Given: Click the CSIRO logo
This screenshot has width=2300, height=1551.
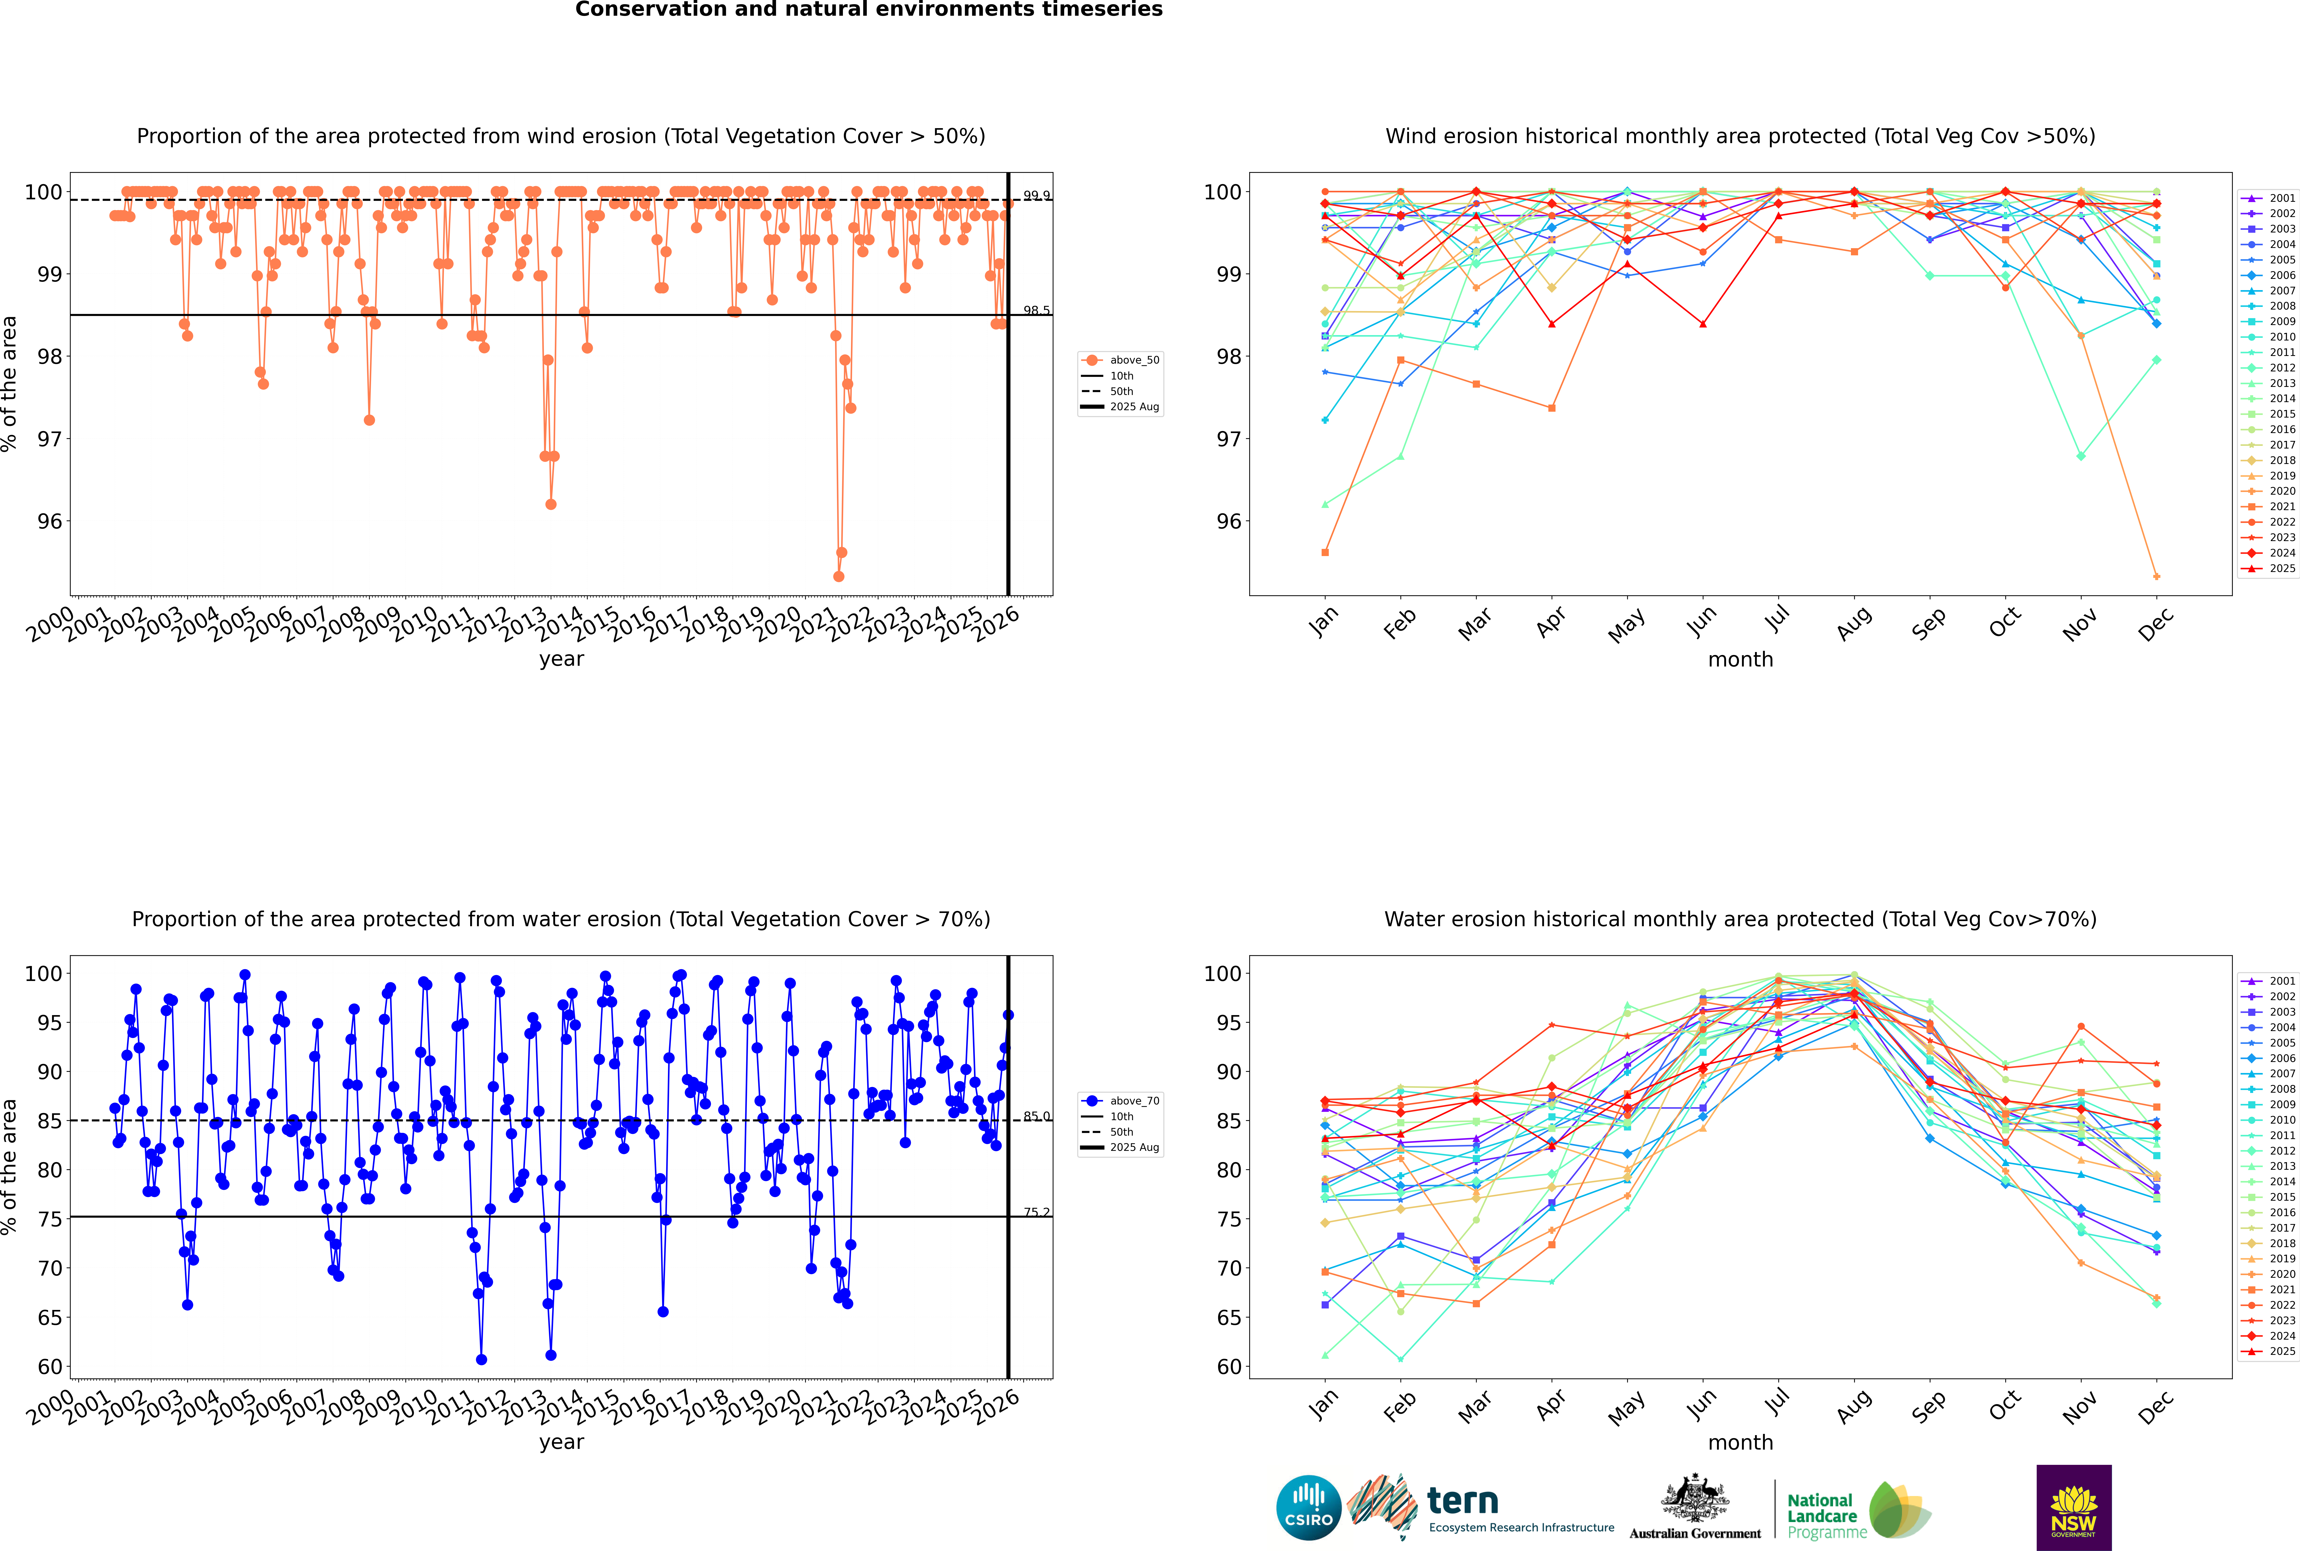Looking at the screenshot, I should [x=1308, y=1508].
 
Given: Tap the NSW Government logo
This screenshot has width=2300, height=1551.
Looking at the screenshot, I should [x=2074, y=1507].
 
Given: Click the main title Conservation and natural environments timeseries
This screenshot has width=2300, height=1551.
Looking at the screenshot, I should [x=868, y=10].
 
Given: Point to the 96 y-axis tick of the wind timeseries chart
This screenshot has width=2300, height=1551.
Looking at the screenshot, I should [x=49, y=521].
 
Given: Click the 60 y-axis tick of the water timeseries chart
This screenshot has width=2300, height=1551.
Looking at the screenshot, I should [x=49, y=1367].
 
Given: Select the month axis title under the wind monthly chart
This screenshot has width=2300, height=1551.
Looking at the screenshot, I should [x=1740, y=660].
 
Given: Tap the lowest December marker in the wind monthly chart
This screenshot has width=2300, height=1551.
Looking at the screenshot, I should [x=2157, y=577].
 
